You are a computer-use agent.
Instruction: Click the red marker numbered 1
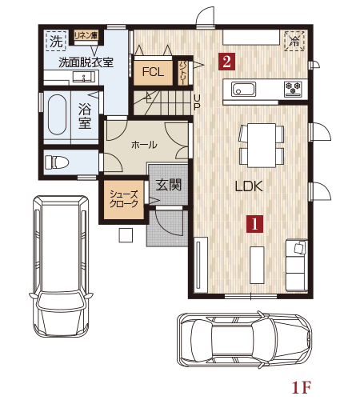254,224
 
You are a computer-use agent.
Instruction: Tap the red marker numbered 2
226,62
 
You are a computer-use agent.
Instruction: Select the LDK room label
249,186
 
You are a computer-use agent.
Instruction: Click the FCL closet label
153,72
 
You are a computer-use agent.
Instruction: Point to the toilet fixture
57,162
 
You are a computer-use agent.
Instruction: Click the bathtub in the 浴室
57,114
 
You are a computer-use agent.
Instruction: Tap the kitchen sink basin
243,89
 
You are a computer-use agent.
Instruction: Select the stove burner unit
293,88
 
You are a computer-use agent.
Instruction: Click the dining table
262,146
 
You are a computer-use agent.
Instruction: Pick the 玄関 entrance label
168,185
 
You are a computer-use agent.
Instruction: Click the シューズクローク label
124,199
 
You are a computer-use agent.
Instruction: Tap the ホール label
144,145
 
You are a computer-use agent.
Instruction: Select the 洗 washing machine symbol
56,41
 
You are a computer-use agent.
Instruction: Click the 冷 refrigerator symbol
294,41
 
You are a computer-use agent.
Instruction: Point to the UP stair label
197,102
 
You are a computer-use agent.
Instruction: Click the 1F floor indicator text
301,387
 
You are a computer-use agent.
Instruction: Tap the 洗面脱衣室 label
86,62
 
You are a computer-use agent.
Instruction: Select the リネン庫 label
86,35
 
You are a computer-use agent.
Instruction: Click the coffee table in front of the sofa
257,265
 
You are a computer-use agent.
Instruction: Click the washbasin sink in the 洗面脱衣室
83,77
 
